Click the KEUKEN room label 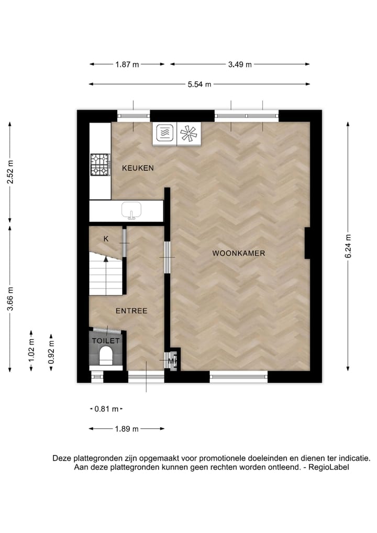point(138,168)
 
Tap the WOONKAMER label point(239,253)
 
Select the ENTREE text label point(131,311)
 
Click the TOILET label point(106,341)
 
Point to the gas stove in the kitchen point(99,164)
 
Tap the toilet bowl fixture point(107,356)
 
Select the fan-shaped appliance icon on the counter point(188,134)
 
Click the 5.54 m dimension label point(199,84)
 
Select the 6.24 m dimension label point(349,245)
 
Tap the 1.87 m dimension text point(127,64)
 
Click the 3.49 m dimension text point(240,64)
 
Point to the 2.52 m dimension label point(10,173)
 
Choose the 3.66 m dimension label point(10,299)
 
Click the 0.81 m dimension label point(107,409)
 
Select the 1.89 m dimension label point(127,429)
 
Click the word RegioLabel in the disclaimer point(328,467)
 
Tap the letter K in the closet point(106,239)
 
